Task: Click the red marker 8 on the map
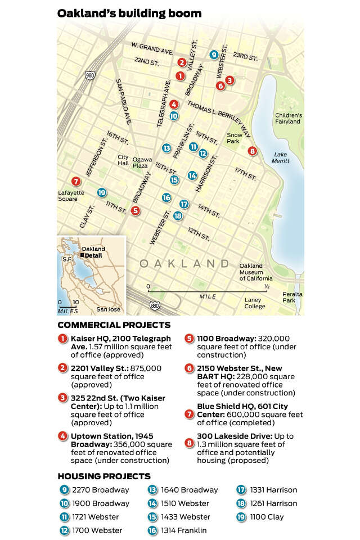pyautogui.click(x=252, y=151)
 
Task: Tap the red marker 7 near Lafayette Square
pyautogui.click(x=76, y=181)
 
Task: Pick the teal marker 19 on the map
pyautogui.click(x=101, y=192)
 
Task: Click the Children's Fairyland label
pyautogui.click(x=289, y=118)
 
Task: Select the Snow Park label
pyautogui.click(x=233, y=138)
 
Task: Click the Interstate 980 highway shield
pyautogui.click(x=90, y=75)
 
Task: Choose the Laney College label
pyautogui.click(x=255, y=303)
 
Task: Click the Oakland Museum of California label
pyautogui.click(x=256, y=272)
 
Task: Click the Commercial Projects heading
pyautogui.click(x=114, y=325)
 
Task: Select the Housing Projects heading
pyautogui.click(x=103, y=476)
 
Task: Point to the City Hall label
pyautogui.click(x=123, y=160)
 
